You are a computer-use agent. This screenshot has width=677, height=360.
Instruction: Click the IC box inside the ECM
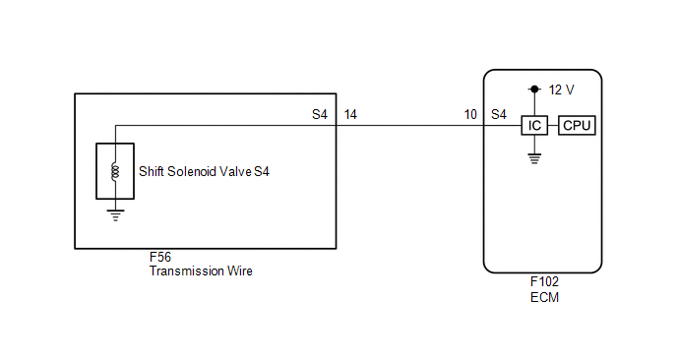coord(534,126)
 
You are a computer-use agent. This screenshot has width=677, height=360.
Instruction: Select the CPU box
coord(577,126)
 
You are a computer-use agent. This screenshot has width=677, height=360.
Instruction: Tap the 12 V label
coord(561,90)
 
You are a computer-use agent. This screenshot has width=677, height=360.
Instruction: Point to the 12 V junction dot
coord(534,90)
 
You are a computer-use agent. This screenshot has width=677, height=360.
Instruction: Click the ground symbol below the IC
coord(534,158)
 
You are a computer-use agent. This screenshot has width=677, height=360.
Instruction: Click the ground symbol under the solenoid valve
coord(115,215)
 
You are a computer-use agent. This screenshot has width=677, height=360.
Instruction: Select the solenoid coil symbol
coord(115,171)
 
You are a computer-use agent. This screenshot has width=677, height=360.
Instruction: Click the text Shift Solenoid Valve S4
coord(204,172)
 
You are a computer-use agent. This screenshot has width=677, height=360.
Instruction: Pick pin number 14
coord(350,114)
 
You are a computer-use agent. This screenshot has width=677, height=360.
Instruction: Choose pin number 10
coord(470,114)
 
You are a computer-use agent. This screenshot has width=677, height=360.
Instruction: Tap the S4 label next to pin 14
coord(320,114)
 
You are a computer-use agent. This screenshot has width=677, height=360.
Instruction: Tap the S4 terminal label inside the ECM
coord(499,114)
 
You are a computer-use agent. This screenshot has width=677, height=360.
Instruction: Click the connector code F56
coord(160,258)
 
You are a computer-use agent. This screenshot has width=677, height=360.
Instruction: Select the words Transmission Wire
coord(201,271)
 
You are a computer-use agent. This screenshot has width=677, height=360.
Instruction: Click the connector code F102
coord(544,282)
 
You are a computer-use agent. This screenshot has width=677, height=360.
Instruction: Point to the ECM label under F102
coord(544,297)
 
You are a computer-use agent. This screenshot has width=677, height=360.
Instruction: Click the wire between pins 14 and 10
coord(409,126)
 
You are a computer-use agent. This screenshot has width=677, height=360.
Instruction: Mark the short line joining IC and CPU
coord(553,126)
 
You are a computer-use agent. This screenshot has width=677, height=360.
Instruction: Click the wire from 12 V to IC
coord(534,104)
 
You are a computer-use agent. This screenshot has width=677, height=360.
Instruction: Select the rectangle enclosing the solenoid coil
coord(96,171)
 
